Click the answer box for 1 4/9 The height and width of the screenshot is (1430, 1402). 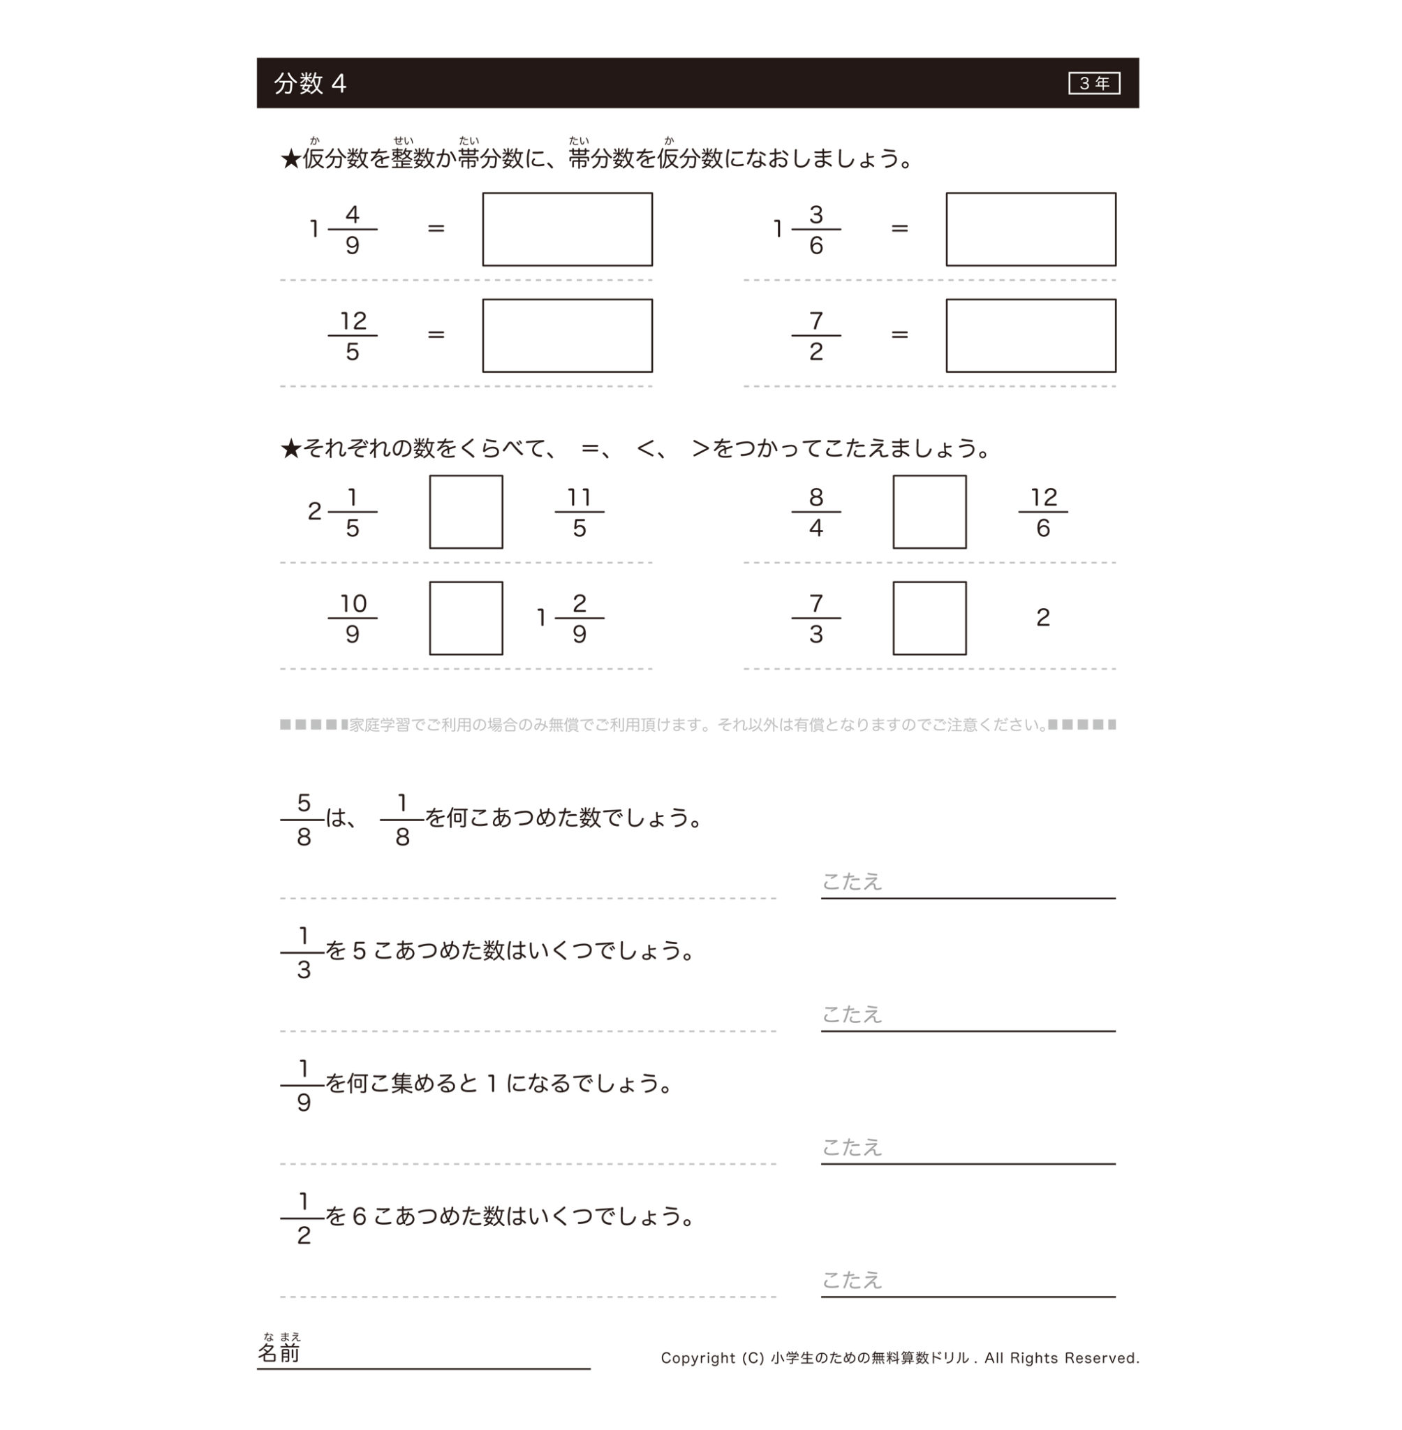click(567, 229)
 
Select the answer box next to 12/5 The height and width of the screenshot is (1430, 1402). click(567, 335)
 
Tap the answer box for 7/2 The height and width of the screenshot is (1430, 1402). click(1030, 335)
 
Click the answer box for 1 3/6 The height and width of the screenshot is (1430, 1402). click(1030, 229)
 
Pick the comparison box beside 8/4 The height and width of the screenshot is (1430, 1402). click(929, 512)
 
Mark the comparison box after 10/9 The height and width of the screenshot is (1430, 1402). click(466, 618)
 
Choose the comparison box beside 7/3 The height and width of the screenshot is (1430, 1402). click(929, 618)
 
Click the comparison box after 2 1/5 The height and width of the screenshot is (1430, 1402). click(466, 512)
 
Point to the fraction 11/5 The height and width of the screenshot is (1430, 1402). click(580, 512)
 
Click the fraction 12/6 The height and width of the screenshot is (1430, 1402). click(1042, 512)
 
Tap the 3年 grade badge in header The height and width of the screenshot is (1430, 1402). click(1093, 83)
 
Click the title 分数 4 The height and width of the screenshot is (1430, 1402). click(310, 83)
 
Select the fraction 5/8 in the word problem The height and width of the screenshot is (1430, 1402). click(304, 819)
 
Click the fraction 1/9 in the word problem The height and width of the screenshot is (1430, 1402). click(304, 1084)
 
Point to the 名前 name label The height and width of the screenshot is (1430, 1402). click(279, 1352)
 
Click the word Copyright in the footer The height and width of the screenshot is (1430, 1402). click(698, 1358)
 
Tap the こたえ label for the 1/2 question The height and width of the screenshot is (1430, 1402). click(851, 1280)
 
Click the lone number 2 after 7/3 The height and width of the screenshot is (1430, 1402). click(1042, 617)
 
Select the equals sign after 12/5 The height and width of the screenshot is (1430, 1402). click(436, 335)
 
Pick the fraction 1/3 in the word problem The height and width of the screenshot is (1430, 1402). click(304, 952)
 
